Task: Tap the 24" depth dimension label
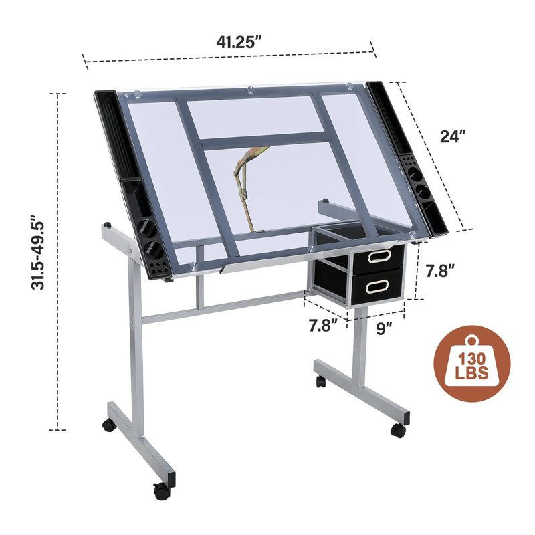point(453,136)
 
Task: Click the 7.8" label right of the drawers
point(441,272)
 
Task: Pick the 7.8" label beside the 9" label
point(324,326)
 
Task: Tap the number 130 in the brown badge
point(472,356)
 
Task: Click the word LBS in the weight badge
point(472,373)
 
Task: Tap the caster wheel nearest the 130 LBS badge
point(398,431)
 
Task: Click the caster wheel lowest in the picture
point(160,492)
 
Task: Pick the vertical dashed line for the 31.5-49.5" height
point(60,261)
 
